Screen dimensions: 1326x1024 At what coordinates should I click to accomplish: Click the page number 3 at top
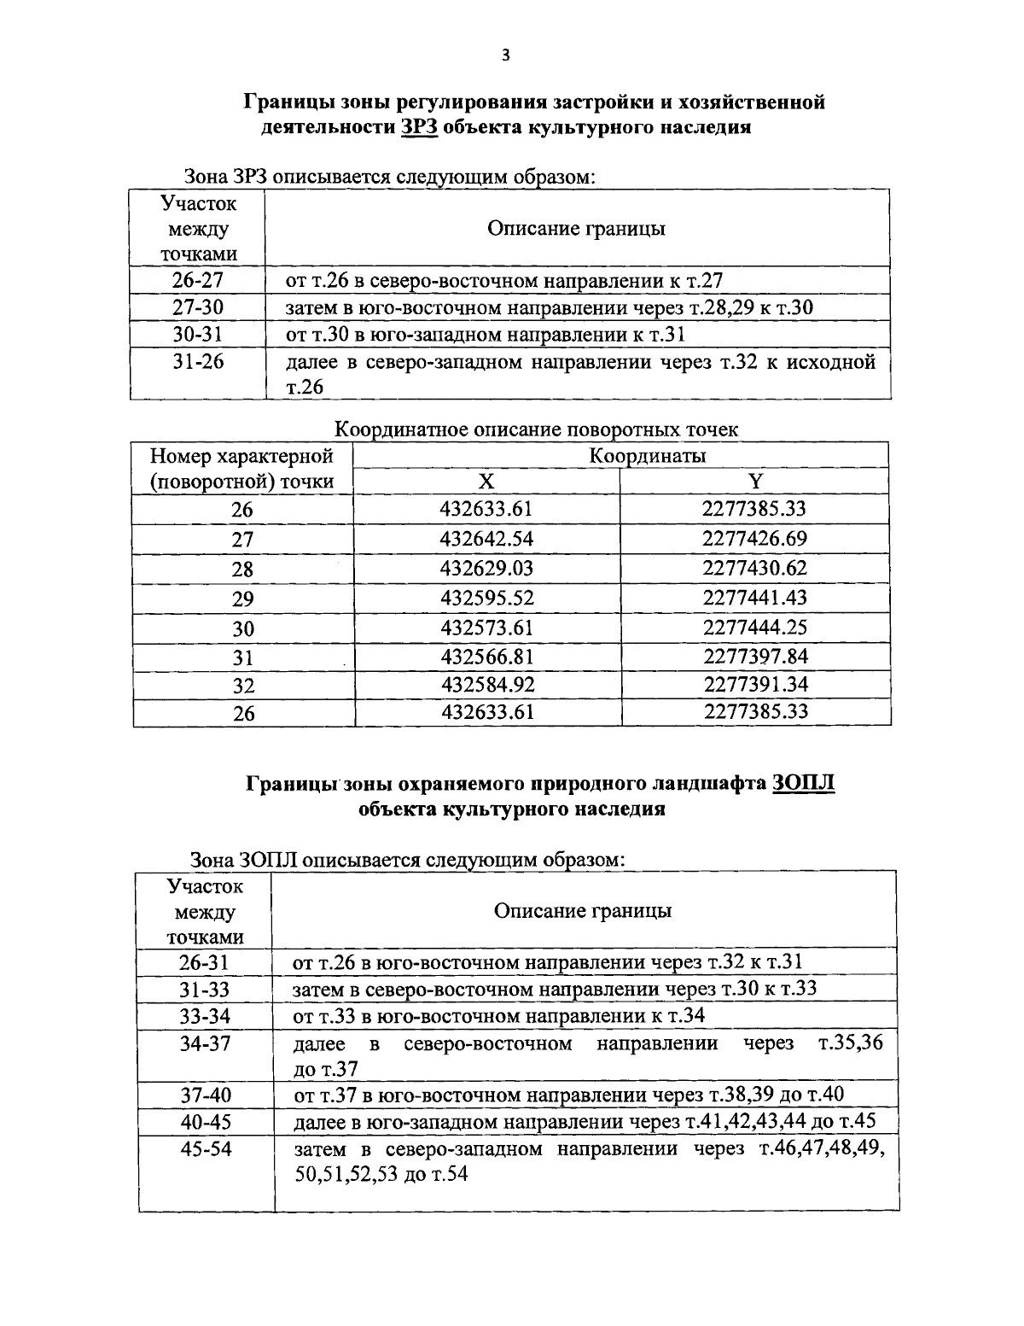[505, 56]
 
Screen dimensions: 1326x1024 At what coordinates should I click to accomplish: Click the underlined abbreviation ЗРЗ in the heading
[420, 128]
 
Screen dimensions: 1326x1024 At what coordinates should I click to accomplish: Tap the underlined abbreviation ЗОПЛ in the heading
[803, 783]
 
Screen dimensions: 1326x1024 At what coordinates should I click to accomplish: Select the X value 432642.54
[486, 539]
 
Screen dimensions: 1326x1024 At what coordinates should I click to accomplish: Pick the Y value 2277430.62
[754, 568]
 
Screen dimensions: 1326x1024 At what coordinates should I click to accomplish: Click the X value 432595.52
[486, 598]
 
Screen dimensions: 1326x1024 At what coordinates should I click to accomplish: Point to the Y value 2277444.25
[754, 628]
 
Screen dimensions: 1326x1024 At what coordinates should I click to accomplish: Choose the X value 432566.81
[486, 656]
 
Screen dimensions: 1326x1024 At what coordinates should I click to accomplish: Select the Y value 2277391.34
[754, 684]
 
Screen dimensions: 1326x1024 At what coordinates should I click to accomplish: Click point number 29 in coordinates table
[243, 599]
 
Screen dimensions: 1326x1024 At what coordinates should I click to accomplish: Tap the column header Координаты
[648, 456]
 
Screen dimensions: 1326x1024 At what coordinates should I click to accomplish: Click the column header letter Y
[755, 482]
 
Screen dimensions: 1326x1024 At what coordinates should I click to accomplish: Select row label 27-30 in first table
[197, 307]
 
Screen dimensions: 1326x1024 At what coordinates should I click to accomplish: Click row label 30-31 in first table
[197, 335]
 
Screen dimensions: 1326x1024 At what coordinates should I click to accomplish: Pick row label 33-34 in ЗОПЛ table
[205, 1016]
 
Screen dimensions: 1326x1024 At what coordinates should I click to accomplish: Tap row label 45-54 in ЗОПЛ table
[206, 1149]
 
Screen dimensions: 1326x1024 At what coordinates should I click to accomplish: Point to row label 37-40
[206, 1095]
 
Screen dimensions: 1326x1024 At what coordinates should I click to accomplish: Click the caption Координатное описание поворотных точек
[536, 429]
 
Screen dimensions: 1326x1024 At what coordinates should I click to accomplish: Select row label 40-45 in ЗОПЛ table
[206, 1122]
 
